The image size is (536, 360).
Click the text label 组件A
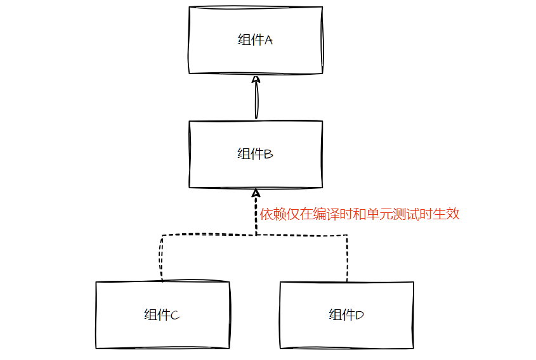pyautogui.click(x=255, y=40)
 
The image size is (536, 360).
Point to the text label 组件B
pyautogui.click(x=255, y=154)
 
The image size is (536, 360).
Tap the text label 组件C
pyautogui.click(x=162, y=315)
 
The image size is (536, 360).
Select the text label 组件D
pyautogui.click(x=346, y=315)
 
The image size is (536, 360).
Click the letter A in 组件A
pyautogui.click(x=268, y=41)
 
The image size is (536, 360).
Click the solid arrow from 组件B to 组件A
pyautogui.click(x=256, y=101)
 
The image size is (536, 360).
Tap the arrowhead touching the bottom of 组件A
pyautogui.click(x=256, y=79)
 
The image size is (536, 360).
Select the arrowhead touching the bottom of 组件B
pyautogui.click(x=256, y=193)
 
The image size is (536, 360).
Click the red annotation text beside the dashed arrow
pyautogui.click(x=360, y=214)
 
